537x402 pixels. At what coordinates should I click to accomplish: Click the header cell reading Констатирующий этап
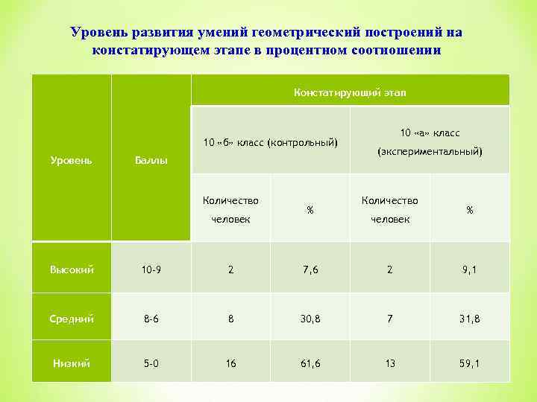pyautogui.click(x=350, y=92)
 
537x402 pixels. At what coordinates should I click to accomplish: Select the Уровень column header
pyautogui.click(x=71, y=160)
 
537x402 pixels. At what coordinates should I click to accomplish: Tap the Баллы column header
pyautogui.click(x=151, y=160)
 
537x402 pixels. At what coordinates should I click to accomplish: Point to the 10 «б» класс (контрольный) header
pyautogui.click(x=271, y=142)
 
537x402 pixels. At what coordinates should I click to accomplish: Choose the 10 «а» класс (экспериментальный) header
pyautogui.click(x=430, y=142)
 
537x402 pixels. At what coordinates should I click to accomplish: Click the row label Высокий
pyautogui.click(x=71, y=269)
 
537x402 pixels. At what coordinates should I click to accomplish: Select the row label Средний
pyautogui.click(x=71, y=319)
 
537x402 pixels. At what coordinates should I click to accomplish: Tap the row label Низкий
pyautogui.click(x=71, y=363)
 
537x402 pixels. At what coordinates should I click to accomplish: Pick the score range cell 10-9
pyautogui.click(x=151, y=269)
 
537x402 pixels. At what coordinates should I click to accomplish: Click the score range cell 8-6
pyautogui.click(x=151, y=319)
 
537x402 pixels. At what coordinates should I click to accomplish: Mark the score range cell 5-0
pyautogui.click(x=151, y=363)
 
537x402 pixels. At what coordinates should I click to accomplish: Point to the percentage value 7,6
pyautogui.click(x=310, y=269)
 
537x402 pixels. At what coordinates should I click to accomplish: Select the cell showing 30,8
pyautogui.click(x=310, y=319)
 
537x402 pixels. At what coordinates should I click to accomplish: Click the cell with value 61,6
pyautogui.click(x=310, y=363)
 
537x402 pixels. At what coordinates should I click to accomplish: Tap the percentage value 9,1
pyautogui.click(x=470, y=269)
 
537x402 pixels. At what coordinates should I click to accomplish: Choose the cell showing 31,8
pyautogui.click(x=470, y=319)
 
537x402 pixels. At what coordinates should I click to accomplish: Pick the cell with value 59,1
pyautogui.click(x=470, y=363)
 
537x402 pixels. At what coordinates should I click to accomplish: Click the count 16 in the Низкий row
pyautogui.click(x=231, y=363)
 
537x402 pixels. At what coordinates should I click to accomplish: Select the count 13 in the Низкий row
pyautogui.click(x=390, y=363)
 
